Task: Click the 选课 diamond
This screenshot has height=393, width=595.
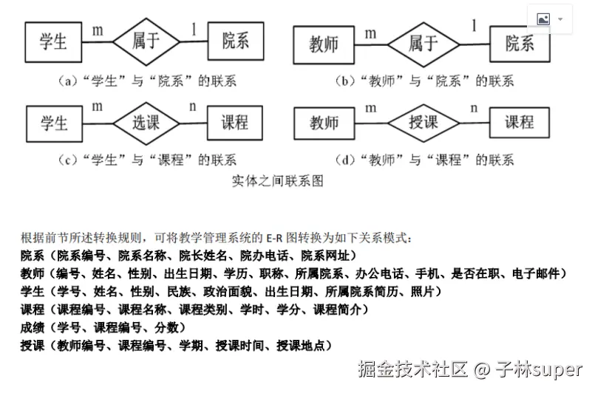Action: coord(145,121)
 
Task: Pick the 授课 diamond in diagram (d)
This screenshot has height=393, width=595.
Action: coord(423,121)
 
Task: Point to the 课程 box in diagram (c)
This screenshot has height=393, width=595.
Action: coord(235,121)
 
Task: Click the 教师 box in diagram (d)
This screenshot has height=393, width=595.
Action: coord(323,121)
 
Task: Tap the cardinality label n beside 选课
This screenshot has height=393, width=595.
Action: coord(192,106)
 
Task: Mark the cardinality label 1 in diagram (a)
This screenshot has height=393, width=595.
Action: coord(194,28)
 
